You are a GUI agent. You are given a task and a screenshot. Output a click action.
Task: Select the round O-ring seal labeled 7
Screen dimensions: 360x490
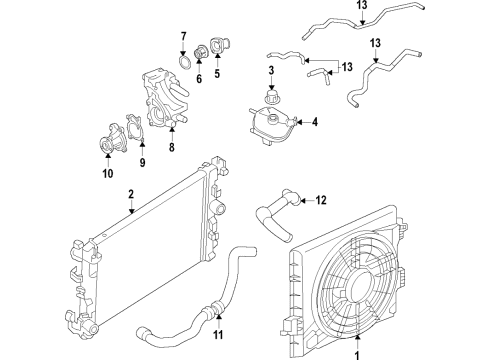[x=184, y=68]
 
